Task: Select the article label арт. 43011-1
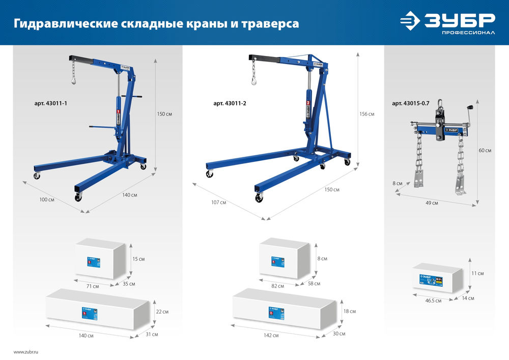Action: click(51, 103)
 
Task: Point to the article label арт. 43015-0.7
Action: click(411, 103)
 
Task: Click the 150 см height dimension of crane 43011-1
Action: click(164, 114)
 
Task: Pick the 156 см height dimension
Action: click(367, 114)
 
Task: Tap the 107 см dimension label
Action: click(218, 203)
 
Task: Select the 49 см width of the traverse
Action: click(432, 203)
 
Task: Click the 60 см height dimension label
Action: click(485, 150)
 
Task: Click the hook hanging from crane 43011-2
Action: click(253, 78)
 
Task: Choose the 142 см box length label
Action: click(271, 336)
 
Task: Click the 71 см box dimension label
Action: click(92, 287)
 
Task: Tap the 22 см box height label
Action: click(162, 311)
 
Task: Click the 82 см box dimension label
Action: click(277, 286)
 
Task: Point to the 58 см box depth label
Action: click(314, 283)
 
